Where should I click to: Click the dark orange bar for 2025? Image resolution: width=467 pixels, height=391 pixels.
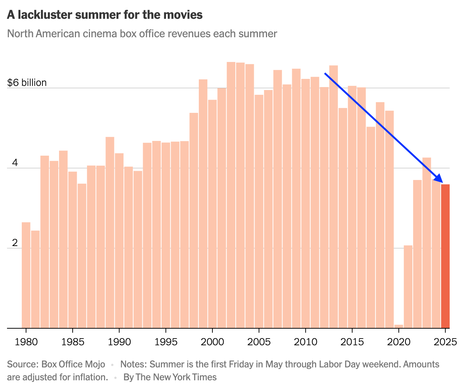[x=445, y=256]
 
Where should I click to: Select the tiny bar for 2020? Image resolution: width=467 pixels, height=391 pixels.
[x=399, y=326]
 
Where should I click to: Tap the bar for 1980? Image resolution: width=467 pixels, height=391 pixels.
[x=26, y=275]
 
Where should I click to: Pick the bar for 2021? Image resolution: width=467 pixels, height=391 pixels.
[x=408, y=287]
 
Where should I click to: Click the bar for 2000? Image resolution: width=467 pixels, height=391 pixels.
[x=212, y=214]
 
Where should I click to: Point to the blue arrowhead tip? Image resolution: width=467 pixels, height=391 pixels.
[x=442, y=182]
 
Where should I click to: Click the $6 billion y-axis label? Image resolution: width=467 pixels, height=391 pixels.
[x=27, y=82]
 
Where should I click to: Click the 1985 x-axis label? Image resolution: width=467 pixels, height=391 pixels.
[x=73, y=342]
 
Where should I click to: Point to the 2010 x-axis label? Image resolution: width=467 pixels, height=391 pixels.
[x=305, y=342]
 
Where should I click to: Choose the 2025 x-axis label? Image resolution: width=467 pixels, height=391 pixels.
[x=445, y=342]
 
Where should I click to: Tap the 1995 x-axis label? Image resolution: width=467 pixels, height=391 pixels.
[x=166, y=342]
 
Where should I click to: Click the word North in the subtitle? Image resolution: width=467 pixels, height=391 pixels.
[x=19, y=34]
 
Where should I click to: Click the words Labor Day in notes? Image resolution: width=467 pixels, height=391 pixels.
[x=339, y=364]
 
